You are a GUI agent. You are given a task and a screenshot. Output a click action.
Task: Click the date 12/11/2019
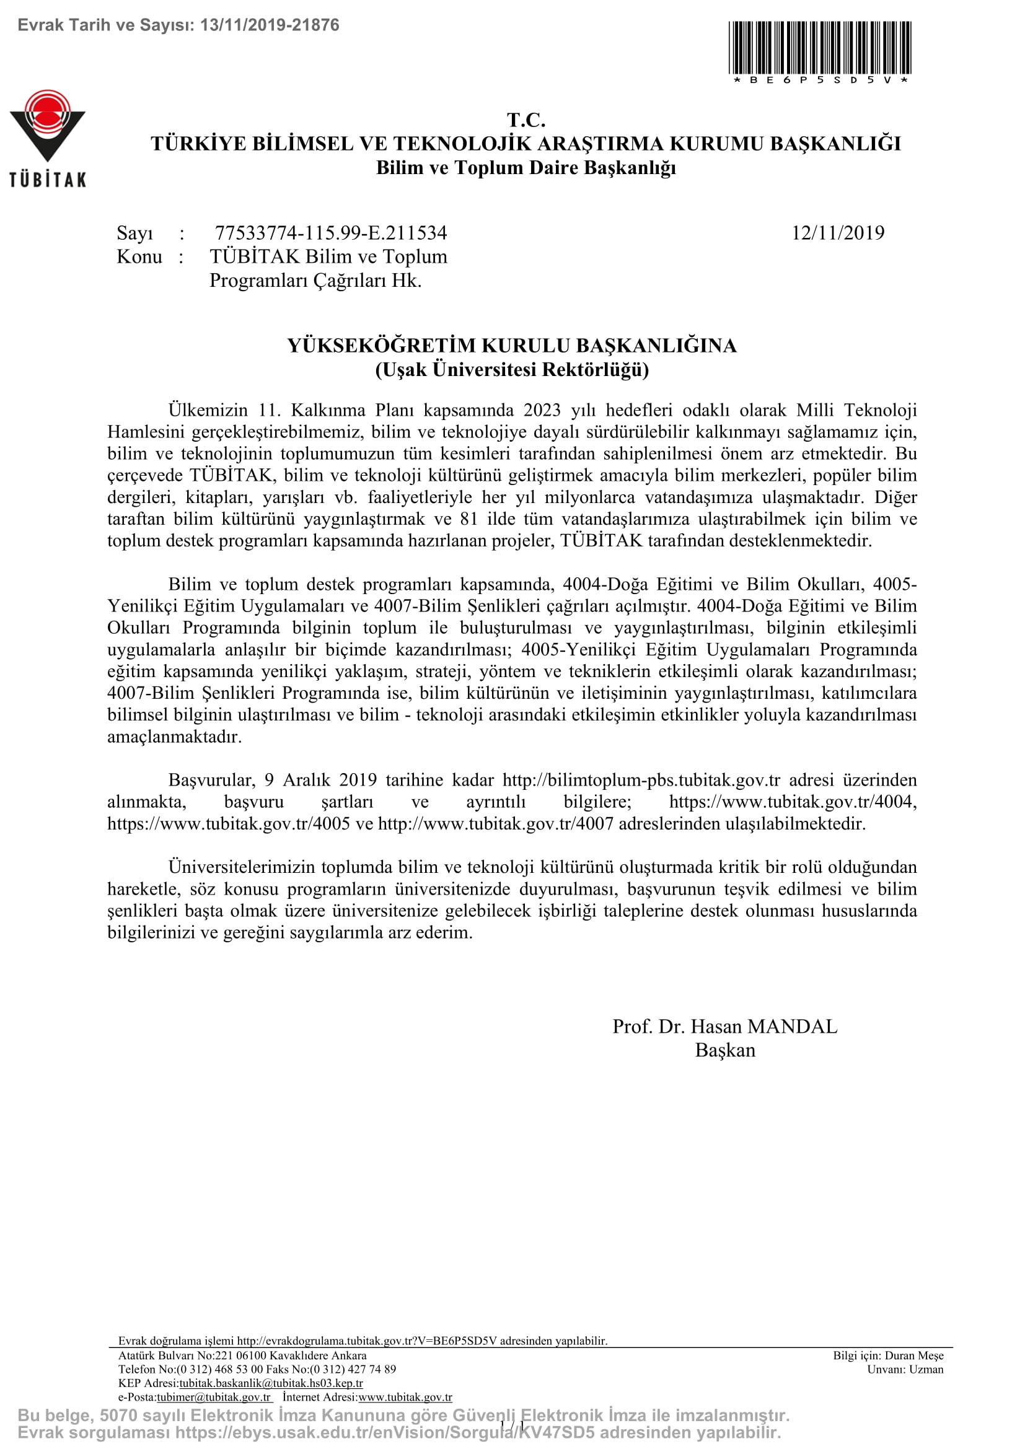coord(838,233)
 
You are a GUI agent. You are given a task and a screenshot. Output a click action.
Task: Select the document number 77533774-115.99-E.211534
coord(331,233)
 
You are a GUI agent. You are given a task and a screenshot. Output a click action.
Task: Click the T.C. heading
coord(526,120)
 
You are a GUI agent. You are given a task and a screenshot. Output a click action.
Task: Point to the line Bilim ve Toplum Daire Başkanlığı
coord(526,168)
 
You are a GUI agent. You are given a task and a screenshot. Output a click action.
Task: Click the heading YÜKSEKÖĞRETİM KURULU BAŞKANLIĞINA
coord(512,345)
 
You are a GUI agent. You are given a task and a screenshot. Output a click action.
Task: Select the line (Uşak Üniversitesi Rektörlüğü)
coord(512,369)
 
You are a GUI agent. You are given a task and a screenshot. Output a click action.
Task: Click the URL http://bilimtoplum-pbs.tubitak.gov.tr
coord(641,780)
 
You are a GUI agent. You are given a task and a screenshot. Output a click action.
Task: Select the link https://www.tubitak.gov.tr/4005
coord(229,823)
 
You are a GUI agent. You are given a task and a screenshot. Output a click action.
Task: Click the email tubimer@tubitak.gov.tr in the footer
coord(213,1397)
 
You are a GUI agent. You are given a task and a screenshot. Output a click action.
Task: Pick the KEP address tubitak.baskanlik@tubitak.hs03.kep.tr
coord(271,1383)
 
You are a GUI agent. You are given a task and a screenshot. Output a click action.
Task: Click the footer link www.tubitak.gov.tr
coord(405,1397)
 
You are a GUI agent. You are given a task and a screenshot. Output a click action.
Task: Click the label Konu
coord(139,257)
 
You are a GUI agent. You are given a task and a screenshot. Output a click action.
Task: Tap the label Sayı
coord(134,233)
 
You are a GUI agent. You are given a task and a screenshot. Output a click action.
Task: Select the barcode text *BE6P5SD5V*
coord(820,80)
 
